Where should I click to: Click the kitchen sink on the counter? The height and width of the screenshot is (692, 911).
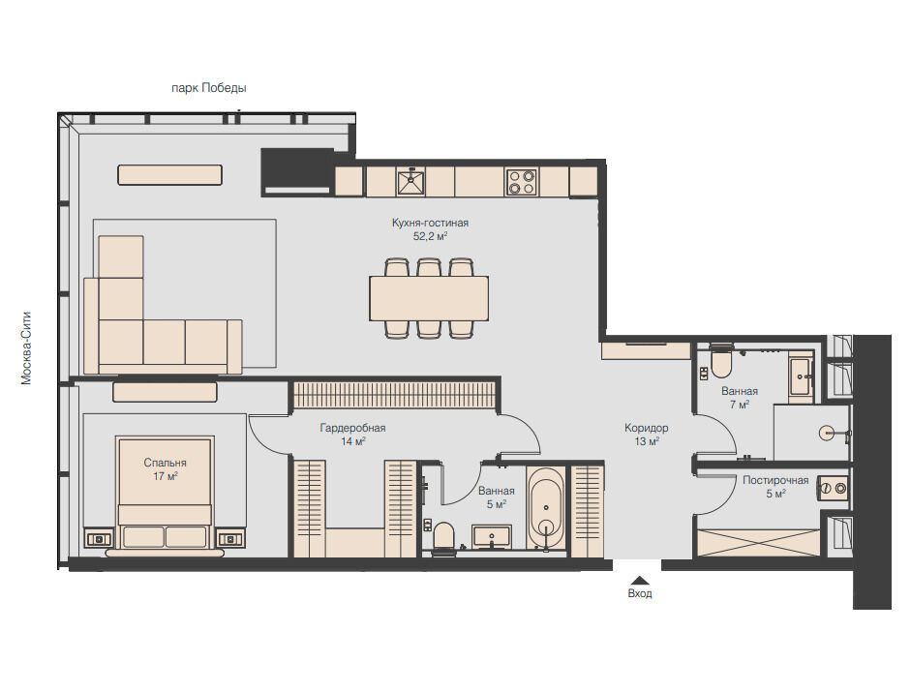[x=410, y=181]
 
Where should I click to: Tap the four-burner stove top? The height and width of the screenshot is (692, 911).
[x=521, y=181]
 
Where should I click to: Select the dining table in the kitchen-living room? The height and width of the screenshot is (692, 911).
[x=429, y=298]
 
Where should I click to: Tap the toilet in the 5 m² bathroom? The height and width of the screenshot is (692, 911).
[x=443, y=536]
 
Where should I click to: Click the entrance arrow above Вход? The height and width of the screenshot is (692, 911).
[x=640, y=580]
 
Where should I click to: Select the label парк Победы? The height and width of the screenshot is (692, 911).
[x=208, y=88]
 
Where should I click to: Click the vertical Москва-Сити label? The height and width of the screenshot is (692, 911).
[x=26, y=348]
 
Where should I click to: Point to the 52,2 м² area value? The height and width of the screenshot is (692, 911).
[x=430, y=236]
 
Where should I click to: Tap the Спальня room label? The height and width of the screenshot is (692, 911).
[x=165, y=463]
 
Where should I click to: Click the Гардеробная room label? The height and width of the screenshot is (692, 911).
[x=352, y=428]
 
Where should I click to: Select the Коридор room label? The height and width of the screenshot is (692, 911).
[x=646, y=428]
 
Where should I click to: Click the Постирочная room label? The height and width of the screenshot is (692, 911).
[x=775, y=480]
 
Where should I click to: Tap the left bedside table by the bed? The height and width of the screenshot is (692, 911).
[x=100, y=539]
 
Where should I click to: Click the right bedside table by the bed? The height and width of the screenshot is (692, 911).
[x=231, y=539]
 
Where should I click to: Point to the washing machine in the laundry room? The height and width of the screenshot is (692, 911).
[x=834, y=489]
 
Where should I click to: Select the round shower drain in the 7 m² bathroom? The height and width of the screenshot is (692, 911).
[x=827, y=433]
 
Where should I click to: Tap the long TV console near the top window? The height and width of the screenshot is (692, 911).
[x=170, y=175]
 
